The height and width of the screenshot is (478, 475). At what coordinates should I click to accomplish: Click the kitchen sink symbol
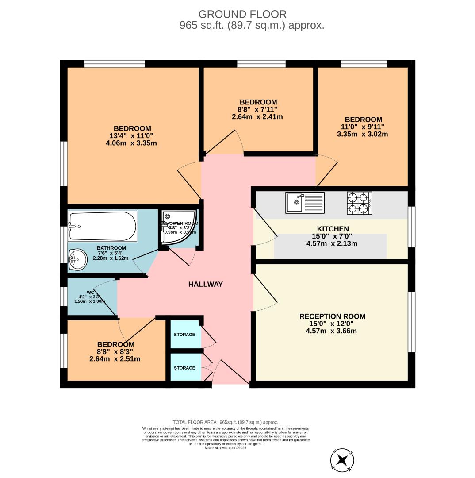(x=305, y=203)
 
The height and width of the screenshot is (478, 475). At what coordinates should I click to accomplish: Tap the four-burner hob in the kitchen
(x=359, y=203)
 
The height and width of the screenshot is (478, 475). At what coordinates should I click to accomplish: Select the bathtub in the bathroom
(x=102, y=220)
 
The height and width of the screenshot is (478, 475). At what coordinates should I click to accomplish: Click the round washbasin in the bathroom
(x=78, y=258)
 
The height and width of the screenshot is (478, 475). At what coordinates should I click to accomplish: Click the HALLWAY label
(x=205, y=284)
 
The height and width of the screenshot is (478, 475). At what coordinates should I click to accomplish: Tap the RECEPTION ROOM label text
(x=332, y=316)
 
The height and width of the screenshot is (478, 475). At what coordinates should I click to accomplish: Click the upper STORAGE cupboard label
(x=184, y=335)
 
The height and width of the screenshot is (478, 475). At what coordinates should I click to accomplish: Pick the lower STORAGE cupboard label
(x=184, y=368)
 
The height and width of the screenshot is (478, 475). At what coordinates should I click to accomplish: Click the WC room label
(x=90, y=292)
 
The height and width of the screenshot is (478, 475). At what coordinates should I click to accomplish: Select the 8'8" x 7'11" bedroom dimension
(x=258, y=109)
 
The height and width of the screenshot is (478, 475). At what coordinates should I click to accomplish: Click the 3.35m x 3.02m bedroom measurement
(x=363, y=134)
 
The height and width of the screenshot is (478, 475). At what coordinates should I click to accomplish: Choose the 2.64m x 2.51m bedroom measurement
(x=115, y=359)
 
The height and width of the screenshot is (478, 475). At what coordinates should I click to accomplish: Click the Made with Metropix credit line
(x=225, y=448)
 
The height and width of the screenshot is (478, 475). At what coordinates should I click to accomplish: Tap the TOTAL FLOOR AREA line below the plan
(x=225, y=423)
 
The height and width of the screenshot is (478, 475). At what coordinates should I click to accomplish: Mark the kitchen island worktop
(x=330, y=247)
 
